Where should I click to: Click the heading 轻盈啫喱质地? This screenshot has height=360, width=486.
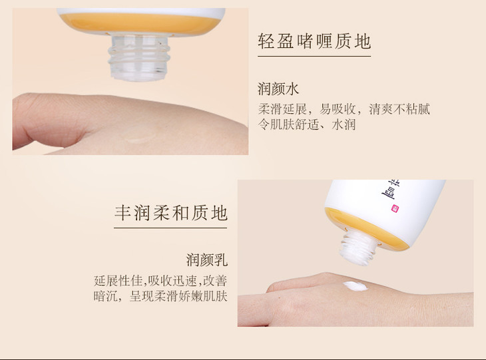click(314, 41)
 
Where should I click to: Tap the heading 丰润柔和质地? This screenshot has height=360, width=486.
click(171, 213)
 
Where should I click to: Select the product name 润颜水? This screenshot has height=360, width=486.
click(278, 89)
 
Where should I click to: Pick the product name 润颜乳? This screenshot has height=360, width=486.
click(207, 260)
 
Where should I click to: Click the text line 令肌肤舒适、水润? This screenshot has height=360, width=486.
click(307, 124)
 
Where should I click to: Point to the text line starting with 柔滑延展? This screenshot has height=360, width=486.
click(344, 109)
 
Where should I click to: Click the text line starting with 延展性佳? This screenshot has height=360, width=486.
click(160, 281)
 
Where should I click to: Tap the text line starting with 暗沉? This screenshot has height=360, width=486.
click(160, 296)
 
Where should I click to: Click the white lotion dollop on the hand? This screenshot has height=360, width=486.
click(356, 285)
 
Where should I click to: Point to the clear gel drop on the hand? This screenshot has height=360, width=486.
click(138, 136)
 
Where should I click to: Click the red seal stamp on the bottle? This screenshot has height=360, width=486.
click(395, 208)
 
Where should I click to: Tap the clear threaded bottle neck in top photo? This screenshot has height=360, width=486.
click(139, 57)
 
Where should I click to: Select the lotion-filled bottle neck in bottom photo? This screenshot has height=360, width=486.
click(358, 248)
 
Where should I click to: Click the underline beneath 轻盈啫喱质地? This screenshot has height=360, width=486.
click(314, 57)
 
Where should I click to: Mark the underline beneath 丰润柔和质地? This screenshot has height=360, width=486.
click(170, 228)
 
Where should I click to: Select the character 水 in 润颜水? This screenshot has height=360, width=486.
click(292, 89)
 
